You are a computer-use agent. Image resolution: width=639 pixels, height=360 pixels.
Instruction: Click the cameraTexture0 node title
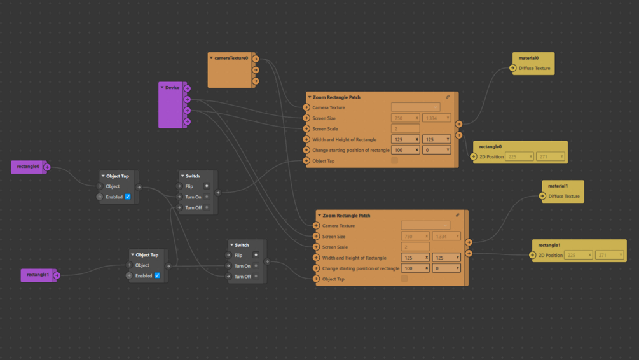231,58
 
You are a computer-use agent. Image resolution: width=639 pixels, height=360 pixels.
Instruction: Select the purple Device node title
172,87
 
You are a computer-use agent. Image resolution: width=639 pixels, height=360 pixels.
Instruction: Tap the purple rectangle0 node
28,167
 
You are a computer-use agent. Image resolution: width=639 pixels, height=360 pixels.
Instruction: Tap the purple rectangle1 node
38,275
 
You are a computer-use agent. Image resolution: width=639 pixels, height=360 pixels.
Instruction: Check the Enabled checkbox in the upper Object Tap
128,197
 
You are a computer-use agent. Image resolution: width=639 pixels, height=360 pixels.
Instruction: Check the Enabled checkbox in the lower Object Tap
157,276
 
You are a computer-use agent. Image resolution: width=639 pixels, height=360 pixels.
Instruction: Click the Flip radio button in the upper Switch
207,186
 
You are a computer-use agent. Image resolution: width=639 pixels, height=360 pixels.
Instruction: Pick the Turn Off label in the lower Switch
243,277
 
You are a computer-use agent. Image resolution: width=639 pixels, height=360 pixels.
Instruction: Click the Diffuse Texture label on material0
534,69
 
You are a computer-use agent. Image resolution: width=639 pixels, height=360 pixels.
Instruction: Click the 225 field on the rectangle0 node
518,156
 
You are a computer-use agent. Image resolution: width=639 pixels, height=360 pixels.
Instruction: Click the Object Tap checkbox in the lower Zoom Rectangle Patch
404,279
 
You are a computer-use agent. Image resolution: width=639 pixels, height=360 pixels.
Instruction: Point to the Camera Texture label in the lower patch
338,226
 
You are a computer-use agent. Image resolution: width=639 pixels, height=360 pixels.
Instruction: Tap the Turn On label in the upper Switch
193,197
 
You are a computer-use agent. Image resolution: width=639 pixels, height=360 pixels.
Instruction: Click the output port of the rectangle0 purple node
47,167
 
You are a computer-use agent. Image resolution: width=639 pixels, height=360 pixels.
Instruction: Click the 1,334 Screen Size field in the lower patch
446,237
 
